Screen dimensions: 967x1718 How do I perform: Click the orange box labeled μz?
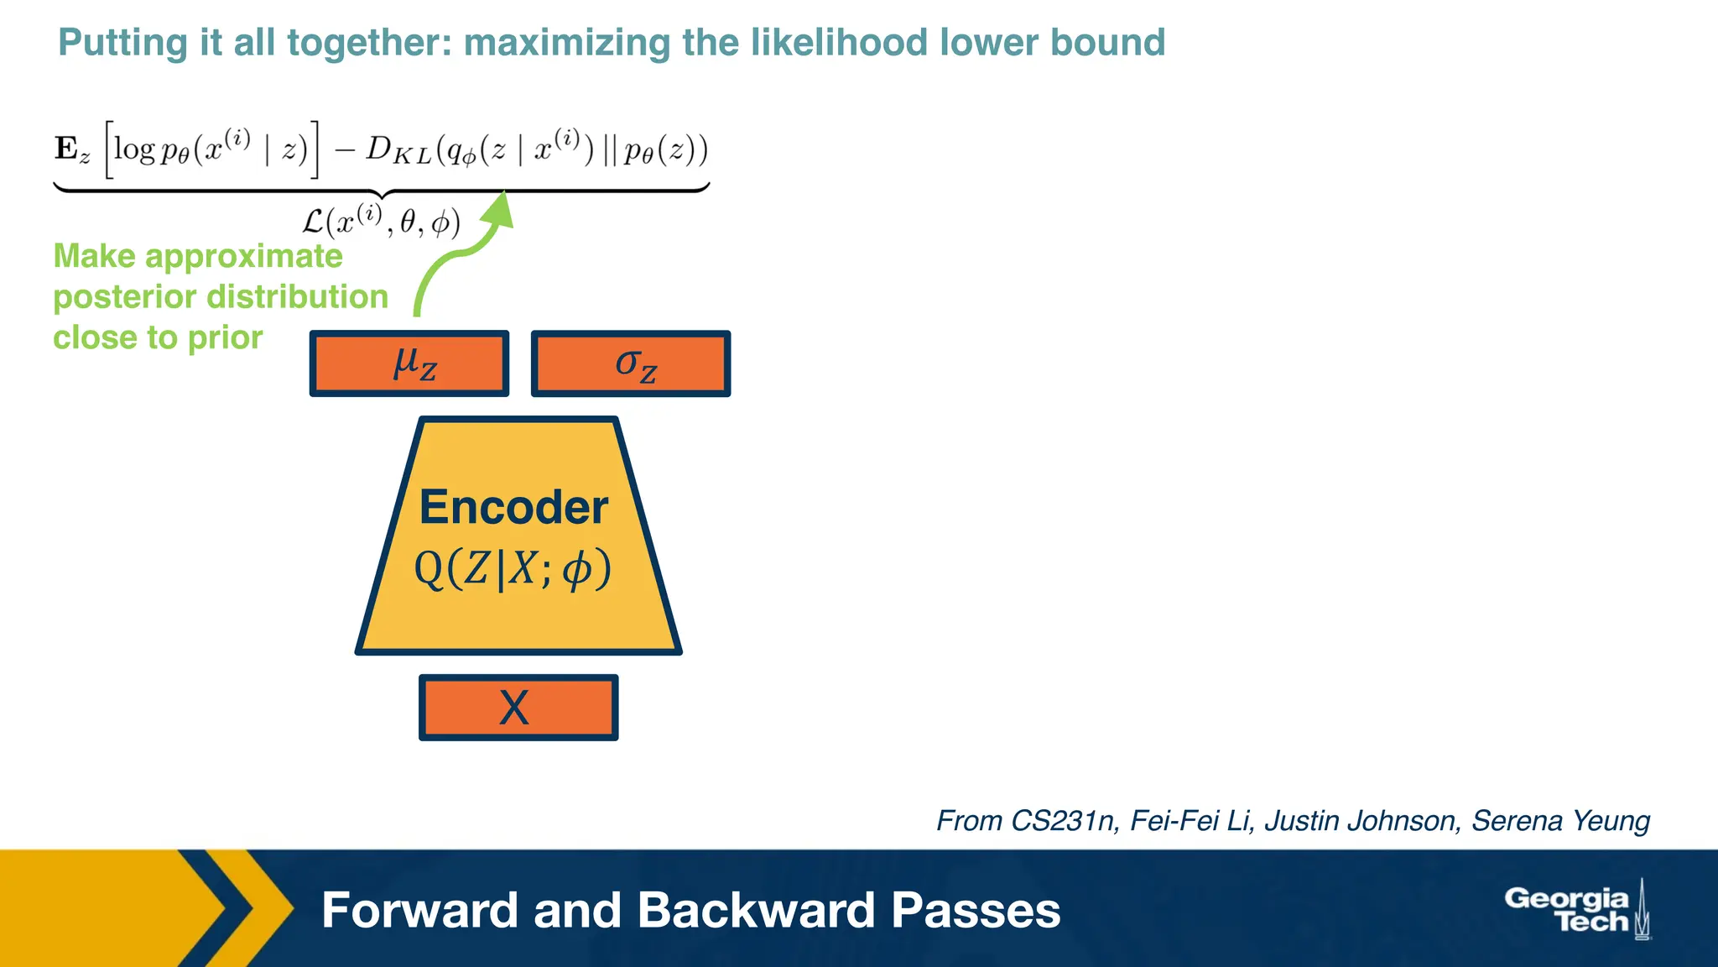coord(409,363)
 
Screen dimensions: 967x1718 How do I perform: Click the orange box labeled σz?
coord(631,363)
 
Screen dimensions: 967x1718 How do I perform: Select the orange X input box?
coord(518,708)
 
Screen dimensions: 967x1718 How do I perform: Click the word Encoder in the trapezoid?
coord(513,508)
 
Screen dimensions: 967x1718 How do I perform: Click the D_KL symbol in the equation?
coord(398,150)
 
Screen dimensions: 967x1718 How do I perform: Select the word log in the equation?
coord(134,149)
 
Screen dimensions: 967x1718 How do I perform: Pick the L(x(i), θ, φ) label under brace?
coord(382,222)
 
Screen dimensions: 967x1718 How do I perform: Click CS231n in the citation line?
coord(1063,820)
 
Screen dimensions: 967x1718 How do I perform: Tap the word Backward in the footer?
coord(755,910)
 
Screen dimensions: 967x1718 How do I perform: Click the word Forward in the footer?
coord(419,910)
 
